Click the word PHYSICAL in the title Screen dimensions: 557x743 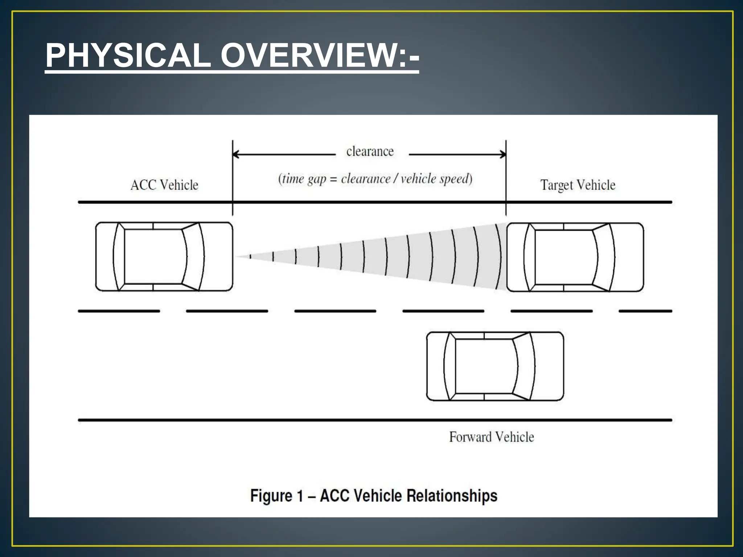tap(128, 55)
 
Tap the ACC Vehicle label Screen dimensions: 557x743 tap(164, 185)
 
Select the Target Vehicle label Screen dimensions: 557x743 tap(578, 185)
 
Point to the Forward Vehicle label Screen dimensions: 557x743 tap(491, 437)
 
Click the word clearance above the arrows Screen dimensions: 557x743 tap(370, 152)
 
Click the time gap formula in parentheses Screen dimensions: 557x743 tap(375, 179)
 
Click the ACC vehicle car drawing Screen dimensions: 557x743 tap(164, 257)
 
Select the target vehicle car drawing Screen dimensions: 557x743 tap(575, 257)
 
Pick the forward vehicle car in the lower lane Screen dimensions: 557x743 tap(495, 366)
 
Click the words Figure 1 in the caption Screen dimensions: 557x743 tap(276, 496)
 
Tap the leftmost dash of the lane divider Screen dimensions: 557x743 tap(119, 311)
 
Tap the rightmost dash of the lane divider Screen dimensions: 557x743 tap(645, 311)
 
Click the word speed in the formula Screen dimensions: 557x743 tap(455, 179)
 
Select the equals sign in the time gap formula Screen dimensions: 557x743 tap(333, 180)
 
